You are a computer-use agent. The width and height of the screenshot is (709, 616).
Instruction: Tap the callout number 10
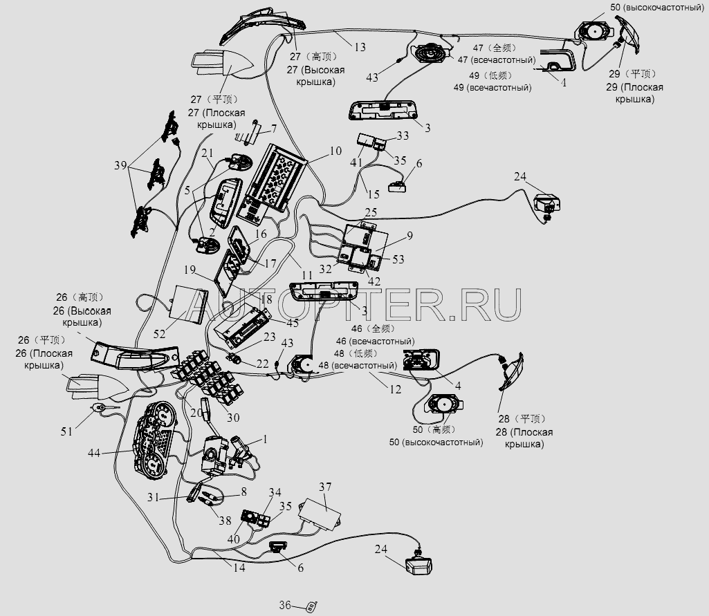click(x=335, y=151)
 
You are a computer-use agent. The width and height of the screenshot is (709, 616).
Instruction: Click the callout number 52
click(x=160, y=333)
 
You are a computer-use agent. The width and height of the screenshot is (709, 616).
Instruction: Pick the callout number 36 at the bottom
click(x=285, y=605)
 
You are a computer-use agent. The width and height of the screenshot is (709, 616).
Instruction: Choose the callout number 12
click(x=395, y=389)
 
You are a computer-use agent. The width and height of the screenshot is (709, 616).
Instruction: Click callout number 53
click(x=398, y=259)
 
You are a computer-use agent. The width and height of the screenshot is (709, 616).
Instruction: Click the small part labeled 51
click(x=102, y=409)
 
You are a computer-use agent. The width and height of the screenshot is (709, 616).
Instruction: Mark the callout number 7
click(x=273, y=129)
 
